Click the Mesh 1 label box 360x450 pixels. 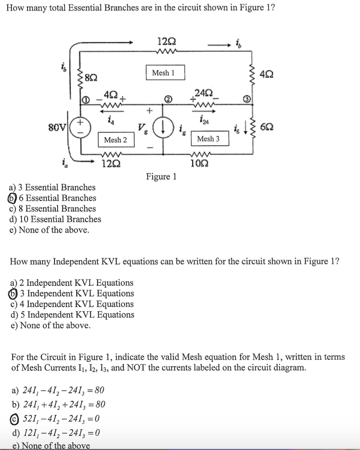tap(163, 73)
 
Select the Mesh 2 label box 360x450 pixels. tap(115, 140)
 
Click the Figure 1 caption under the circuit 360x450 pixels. tap(161, 177)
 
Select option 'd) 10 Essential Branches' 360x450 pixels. tap(55, 219)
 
